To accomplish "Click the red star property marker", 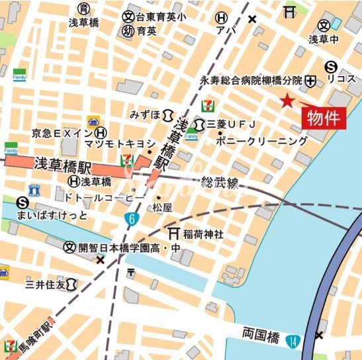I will click(287, 101).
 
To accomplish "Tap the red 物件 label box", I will click(325, 118).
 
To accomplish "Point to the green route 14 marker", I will click(293, 341).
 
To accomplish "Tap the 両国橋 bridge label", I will click(261, 337).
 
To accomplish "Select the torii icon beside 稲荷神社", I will click(173, 234).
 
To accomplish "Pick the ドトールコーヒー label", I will click(104, 197).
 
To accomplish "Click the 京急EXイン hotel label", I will click(60, 133).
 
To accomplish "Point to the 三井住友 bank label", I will click(46, 285).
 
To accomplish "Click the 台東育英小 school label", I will click(162, 17).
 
